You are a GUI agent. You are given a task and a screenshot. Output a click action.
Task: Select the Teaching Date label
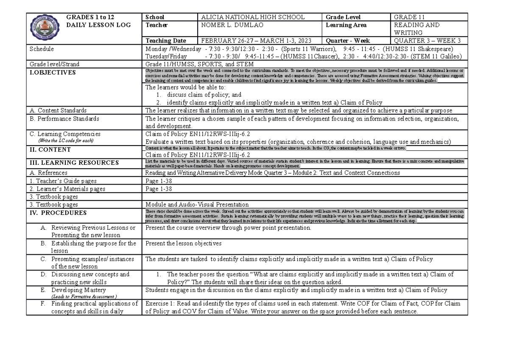tap(165, 41)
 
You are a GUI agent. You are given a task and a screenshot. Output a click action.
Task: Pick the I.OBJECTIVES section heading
tap(52, 72)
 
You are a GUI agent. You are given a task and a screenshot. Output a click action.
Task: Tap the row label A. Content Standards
tap(59, 110)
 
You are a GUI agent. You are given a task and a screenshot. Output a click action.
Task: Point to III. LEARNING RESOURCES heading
tap(74, 163)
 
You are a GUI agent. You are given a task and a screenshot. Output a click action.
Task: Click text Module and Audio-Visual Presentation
tap(197, 204)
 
